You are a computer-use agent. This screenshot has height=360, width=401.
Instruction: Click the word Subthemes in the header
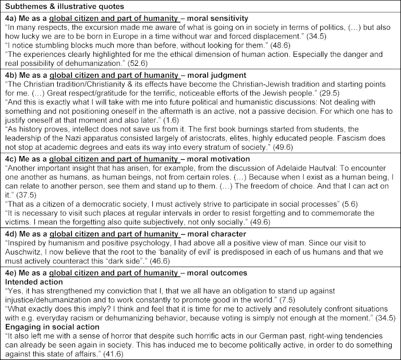click(21, 7)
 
